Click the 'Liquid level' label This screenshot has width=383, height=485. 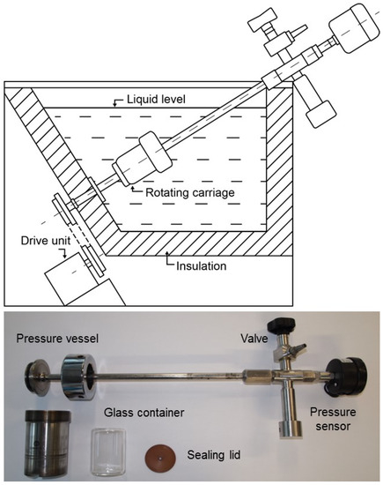pyautogui.click(x=156, y=100)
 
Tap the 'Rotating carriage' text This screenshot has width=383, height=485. pyautogui.click(x=190, y=192)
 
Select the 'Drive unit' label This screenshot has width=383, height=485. pyautogui.click(x=46, y=241)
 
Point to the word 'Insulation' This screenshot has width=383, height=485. pyautogui.click(x=201, y=265)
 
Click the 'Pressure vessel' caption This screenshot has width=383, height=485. pyautogui.click(x=57, y=338)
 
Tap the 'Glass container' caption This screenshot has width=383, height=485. pyautogui.click(x=144, y=413)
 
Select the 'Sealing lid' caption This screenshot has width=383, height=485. pyautogui.click(x=214, y=455)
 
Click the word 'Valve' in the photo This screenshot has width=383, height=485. pyautogui.click(x=254, y=338)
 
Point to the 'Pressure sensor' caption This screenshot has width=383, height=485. pyautogui.click(x=333, y=419)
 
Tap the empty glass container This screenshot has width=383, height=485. pyautogui.click(x=108, y=451)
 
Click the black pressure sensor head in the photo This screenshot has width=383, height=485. pyautogui.click(x=348, y=377)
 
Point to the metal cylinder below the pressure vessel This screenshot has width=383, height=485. pyautogui.click(x=48, y=441)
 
